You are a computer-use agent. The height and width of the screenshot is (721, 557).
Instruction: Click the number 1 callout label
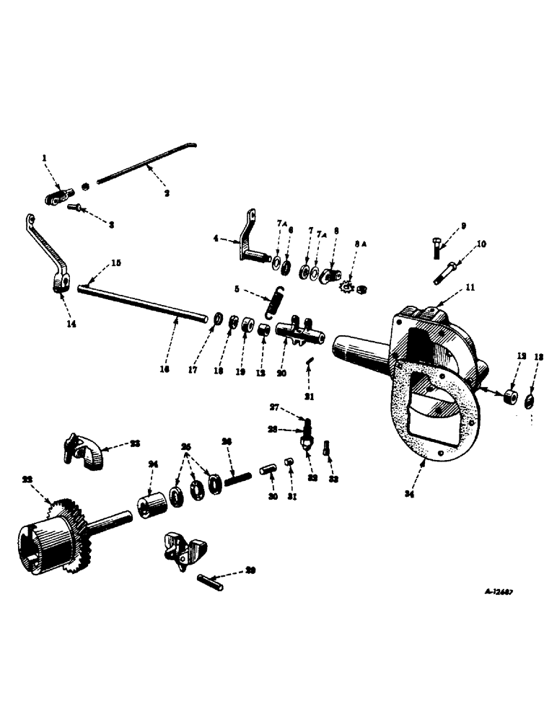(44, 157)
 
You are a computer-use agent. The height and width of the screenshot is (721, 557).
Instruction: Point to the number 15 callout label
(115, 262)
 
